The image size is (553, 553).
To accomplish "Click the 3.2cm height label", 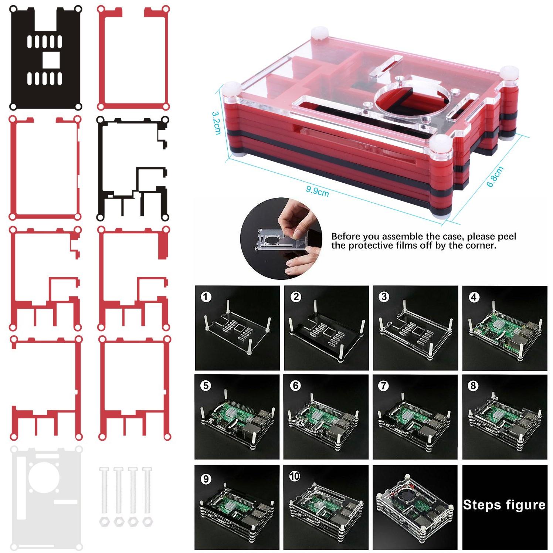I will click(x=216, y=123).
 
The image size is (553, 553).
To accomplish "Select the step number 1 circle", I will click(x=206, y=296).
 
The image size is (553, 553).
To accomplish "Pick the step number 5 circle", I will click(x=206, y=386).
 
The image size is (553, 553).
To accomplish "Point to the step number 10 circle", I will click(x=295, y=476).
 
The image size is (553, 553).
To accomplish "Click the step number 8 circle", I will click(x=473, y=386).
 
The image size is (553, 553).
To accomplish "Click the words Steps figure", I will click(x=504, y=505).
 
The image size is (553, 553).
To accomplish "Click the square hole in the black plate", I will click(x=51, y=60).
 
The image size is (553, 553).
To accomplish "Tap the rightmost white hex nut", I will click(x=147, y=522).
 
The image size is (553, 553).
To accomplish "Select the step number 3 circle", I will click(x=384, y=296).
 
